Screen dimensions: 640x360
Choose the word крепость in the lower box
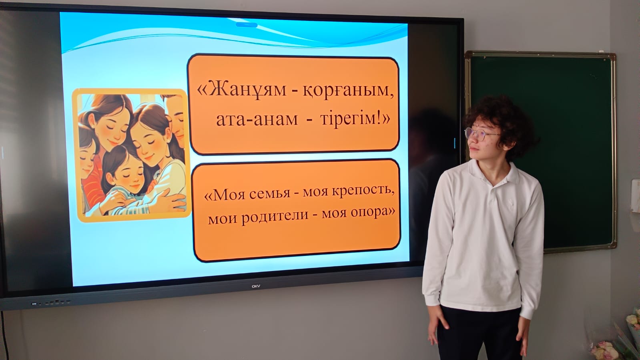(363, 191)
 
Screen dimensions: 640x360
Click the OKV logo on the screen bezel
(256, 286)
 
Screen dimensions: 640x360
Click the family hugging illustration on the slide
(132, 155)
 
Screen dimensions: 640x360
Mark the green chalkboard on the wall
(541, 152)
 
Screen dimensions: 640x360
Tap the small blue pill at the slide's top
(247, 25)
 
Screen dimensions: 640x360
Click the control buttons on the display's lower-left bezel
(51, 302)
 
